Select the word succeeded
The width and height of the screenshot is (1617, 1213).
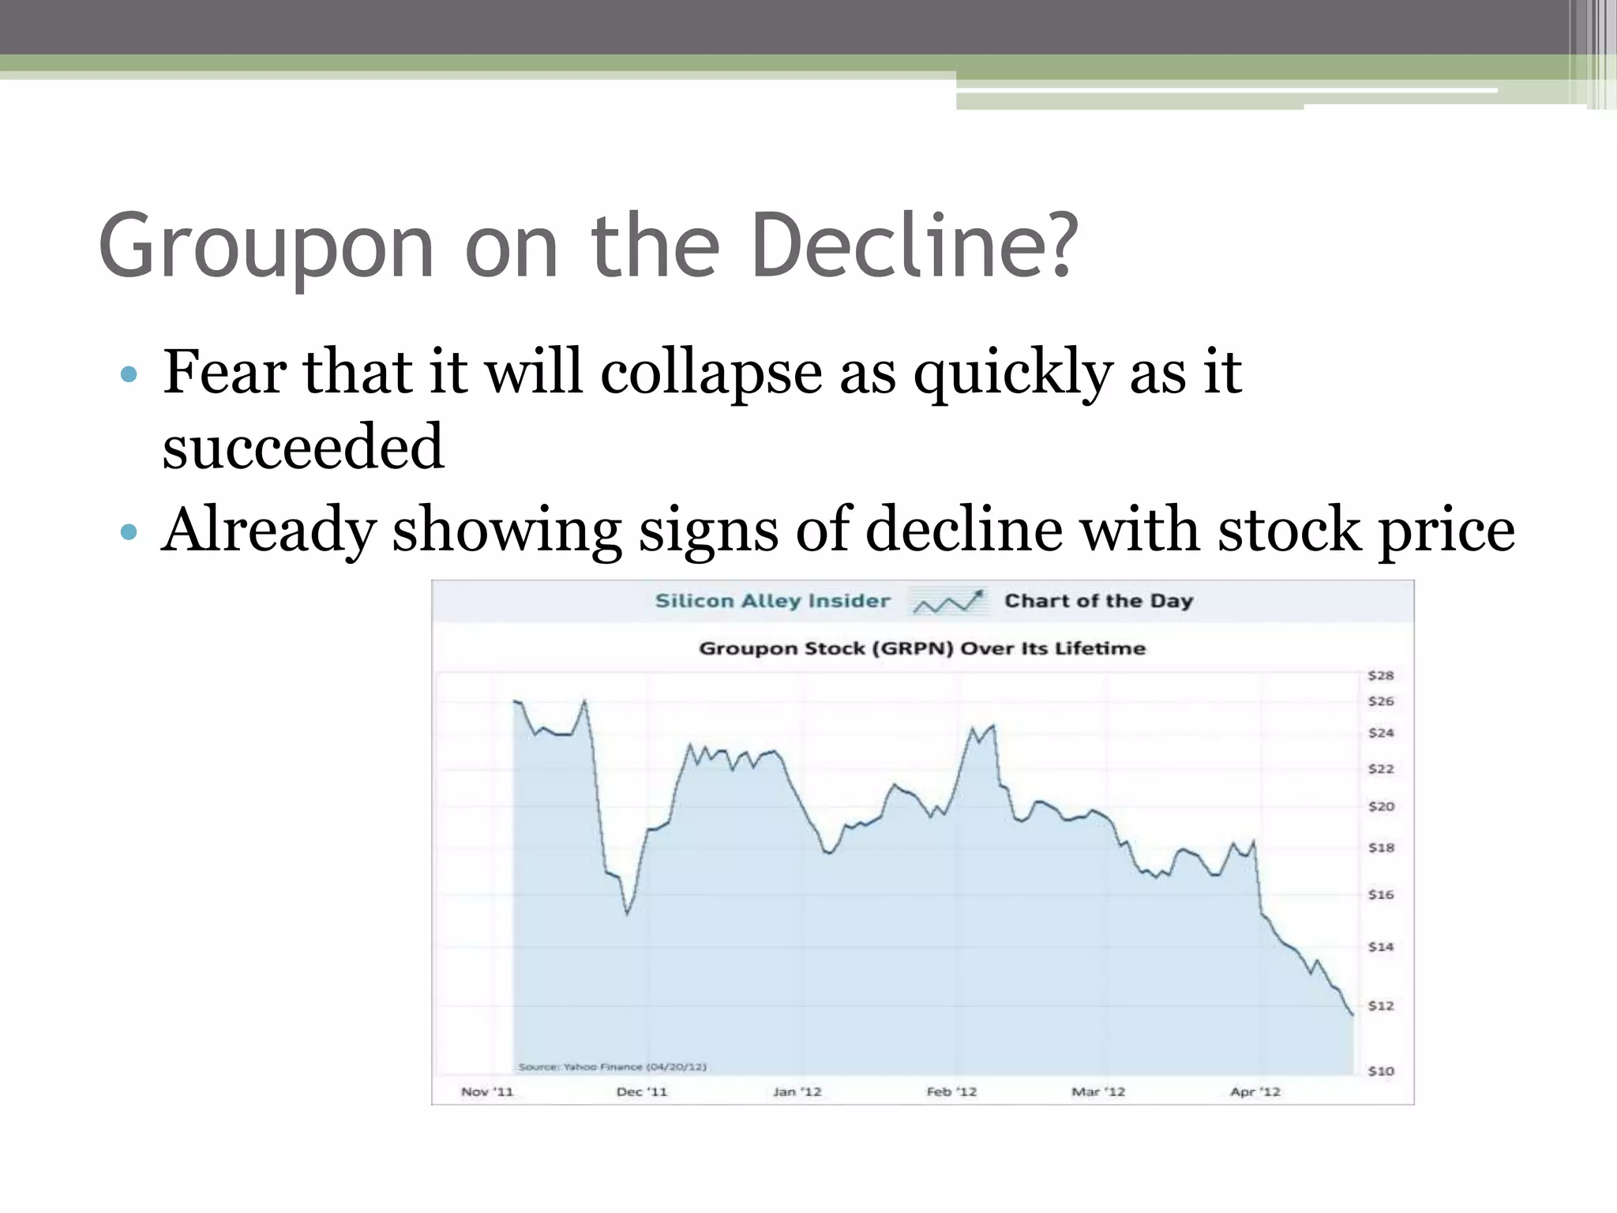303,446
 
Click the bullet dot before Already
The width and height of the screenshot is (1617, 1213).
129,531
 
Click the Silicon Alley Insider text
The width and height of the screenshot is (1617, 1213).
772,601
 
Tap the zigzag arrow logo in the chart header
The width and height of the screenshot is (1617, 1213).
947,602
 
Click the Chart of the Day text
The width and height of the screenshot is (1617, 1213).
1098,601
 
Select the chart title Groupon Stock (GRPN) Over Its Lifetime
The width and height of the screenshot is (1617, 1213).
922,648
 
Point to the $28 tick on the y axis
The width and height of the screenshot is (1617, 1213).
1381,675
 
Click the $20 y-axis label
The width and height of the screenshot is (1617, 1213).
1381,806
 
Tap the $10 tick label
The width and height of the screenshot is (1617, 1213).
1381,1071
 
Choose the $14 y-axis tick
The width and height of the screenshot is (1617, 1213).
1381,946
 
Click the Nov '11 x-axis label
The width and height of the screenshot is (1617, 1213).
487,1091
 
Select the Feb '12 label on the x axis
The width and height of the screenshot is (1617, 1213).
951,1091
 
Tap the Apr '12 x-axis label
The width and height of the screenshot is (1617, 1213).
1255,1091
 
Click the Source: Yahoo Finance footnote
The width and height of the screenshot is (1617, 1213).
612,1067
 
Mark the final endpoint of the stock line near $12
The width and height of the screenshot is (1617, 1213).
1353,1015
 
